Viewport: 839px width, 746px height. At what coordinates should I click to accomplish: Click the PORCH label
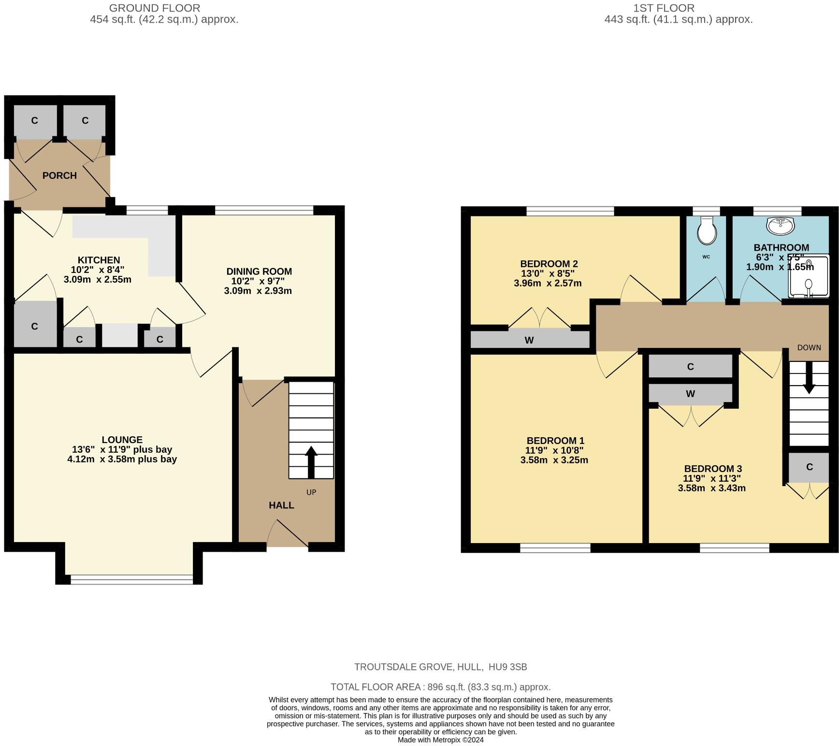tap(59, 175)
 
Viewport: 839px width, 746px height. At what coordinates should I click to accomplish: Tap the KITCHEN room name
tap(99, 260)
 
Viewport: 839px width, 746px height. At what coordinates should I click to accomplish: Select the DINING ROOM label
tap(259, 272)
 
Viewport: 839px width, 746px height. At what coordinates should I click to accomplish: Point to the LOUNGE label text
tap(122, 440)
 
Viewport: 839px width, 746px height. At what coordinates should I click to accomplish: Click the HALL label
tap(281, 505)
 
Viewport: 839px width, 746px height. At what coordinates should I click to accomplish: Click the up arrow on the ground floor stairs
tap(311, 462)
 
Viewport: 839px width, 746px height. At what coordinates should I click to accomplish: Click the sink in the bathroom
tap(780, 224)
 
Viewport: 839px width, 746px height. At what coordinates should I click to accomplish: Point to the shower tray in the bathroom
tap(808, 277)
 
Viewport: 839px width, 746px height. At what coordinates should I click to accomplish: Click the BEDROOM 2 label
tap(549, 264)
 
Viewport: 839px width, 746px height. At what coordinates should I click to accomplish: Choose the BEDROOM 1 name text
tap(555, 441)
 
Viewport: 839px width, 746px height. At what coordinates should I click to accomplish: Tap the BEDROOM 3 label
tap(713, 469)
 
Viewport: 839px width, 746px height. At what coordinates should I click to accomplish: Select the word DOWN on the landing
tap(809, 347)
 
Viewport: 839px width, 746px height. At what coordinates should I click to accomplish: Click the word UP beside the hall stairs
tap(311, 492)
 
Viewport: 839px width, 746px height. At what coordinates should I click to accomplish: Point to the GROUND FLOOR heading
tap(155, 8)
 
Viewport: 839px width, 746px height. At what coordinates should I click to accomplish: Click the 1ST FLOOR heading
tap(664, 8)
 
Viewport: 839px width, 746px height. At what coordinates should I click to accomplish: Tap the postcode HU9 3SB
tap(508, 667)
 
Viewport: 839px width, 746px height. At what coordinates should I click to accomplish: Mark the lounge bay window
tap(131, 579)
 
